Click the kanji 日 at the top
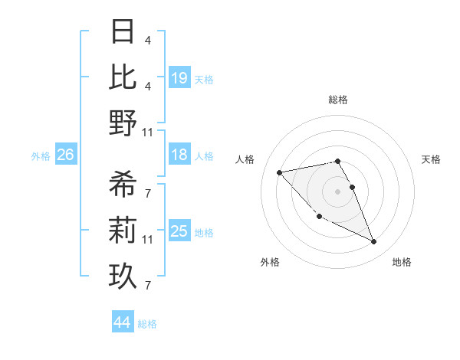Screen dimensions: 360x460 [x=123, y=31]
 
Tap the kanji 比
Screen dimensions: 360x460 [x=123, y=77]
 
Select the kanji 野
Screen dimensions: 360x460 [x=123, y=123]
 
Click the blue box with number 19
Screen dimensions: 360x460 [x=179, y=77]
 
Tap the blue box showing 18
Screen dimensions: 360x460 [x=179, y=155]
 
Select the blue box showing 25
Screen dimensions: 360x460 [x=179, y=231]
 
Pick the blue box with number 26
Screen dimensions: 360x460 [x=65, y=155]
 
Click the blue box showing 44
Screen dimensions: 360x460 [x=123, y=322]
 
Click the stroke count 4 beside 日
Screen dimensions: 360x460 [x=148, y=40]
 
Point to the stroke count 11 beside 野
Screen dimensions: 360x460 [x=148, y=132]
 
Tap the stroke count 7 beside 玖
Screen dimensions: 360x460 [x=148, y=286]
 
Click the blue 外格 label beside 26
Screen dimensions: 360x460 [x=41, y=156]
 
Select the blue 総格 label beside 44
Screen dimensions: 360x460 [x=147, y=324]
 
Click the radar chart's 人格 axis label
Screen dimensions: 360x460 [x=245, y=159]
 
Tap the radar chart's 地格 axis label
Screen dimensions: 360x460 [x=402, y=262]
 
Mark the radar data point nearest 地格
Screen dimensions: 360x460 [x=373, y=242]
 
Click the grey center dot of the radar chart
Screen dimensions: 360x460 [x=337, y=191]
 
